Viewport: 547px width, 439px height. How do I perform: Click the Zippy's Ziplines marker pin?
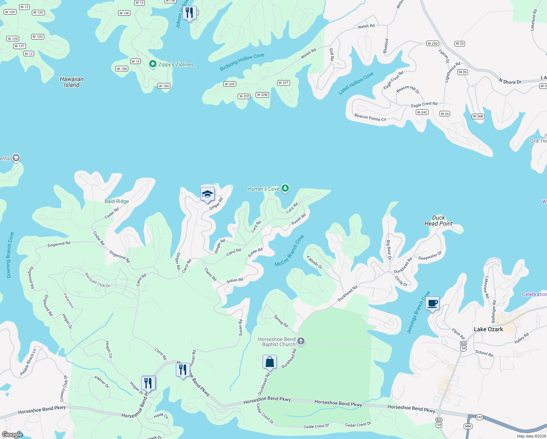(x=153, y=64)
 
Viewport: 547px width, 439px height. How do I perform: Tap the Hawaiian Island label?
(x=72, y=82)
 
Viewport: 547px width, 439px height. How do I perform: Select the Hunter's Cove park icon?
(x=285, y=188)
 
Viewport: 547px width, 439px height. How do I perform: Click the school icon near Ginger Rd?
(x=207, y=194)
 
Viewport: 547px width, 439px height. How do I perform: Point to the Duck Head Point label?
(x=438, y=221)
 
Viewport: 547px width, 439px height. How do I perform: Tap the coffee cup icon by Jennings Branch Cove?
(x=432, y=303)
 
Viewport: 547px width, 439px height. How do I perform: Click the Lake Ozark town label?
(x=488, y=329)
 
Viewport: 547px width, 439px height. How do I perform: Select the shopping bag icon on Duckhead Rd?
(x=269, y=362)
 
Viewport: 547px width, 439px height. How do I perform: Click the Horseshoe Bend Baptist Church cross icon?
(x=301, y=341)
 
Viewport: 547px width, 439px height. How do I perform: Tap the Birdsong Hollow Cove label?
(x=242, y=62)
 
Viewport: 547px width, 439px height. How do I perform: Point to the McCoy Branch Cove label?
(x=289, y=251)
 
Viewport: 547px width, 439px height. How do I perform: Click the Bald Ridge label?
(x=117, y=201)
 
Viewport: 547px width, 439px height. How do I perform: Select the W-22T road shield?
(x=283, y=83)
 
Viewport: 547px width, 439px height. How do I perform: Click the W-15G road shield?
(x=164, y=86)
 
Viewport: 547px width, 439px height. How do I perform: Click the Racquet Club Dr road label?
(x=97, y=281)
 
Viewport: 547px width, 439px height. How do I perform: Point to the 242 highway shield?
(x=479, y=417)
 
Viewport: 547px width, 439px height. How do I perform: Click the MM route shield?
(x=468, y=426)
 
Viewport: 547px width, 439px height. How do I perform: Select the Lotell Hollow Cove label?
(x=356, y=83)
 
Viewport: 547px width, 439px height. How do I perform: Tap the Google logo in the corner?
(x=12, y=434)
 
